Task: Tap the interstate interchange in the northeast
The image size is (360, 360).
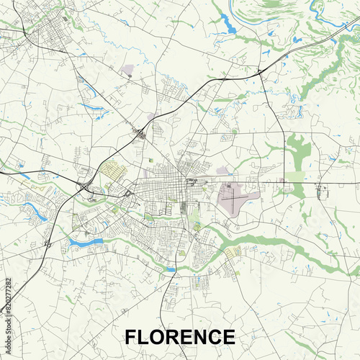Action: (x=258, y=72)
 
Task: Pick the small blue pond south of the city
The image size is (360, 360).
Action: (x=170, y=269)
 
